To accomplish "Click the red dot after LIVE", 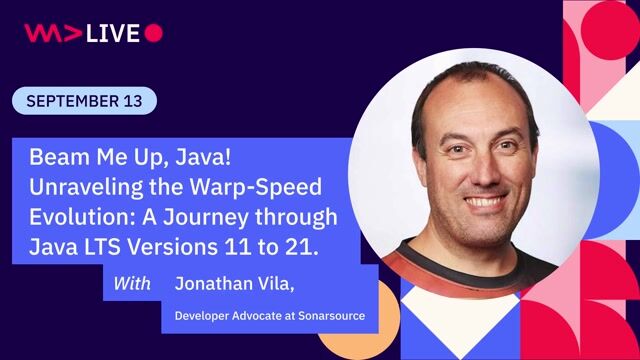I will click(153, 33).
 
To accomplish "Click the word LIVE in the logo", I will click(112, 33).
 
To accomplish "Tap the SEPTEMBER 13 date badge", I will click(85, 101).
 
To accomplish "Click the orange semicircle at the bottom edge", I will click(345, 345).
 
